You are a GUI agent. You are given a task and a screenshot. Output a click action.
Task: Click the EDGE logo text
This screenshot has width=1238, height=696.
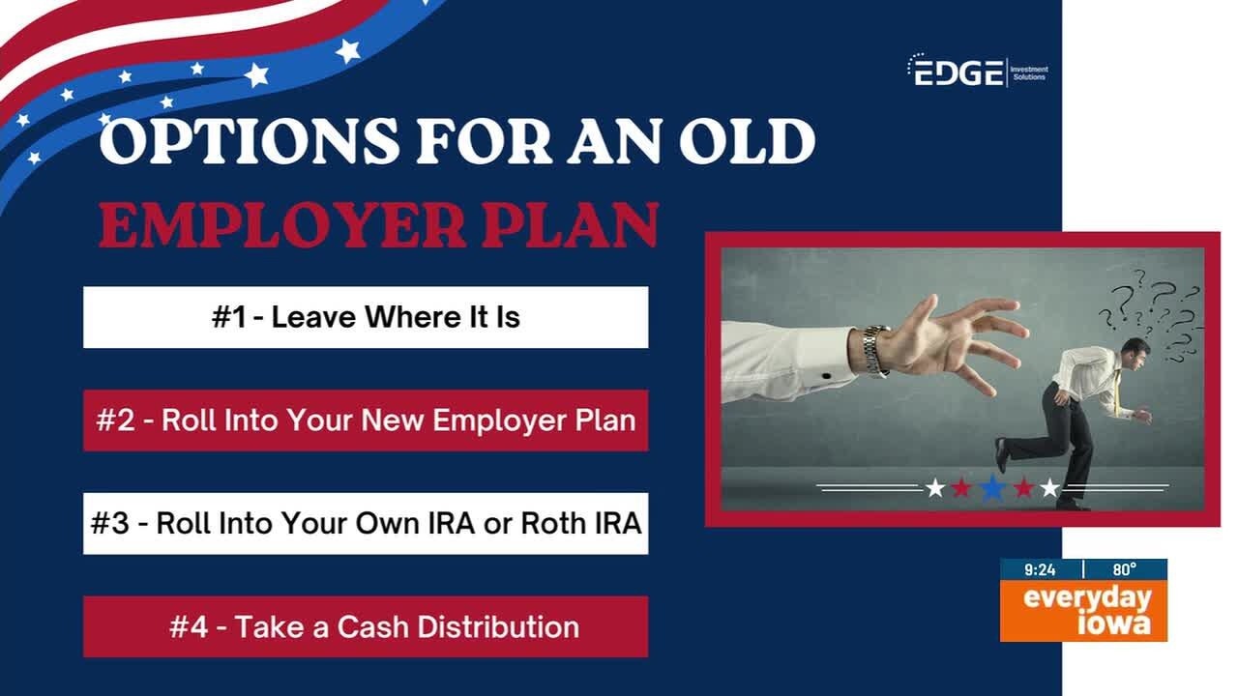[958, 72]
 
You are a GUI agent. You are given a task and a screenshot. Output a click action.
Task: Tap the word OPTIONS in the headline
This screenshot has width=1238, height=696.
[250, 140]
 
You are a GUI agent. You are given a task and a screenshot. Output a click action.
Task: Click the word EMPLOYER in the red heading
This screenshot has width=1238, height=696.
[281, 225]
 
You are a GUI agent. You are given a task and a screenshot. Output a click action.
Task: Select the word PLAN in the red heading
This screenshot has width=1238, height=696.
[571, 225]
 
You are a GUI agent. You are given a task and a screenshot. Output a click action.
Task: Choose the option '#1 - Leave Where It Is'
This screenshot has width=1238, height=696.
[366, 317]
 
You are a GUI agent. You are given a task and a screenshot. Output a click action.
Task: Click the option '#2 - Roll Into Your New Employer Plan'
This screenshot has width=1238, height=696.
[366, 420]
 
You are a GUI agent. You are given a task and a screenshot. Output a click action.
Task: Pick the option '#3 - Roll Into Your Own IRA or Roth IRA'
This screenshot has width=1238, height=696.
[366, 524]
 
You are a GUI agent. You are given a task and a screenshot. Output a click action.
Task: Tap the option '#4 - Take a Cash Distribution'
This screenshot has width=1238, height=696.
[366, 627]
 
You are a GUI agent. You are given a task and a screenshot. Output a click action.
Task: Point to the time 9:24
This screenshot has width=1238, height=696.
[1040, 569]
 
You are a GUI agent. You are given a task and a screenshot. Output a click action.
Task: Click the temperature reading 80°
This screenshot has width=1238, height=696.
[1125, 569]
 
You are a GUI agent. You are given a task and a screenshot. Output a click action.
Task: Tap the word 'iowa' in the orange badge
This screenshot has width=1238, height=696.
[1113, 623]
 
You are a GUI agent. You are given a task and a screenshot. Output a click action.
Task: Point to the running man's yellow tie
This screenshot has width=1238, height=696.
[1116, 391]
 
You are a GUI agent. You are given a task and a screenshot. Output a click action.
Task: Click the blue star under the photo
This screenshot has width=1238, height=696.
[992, 488]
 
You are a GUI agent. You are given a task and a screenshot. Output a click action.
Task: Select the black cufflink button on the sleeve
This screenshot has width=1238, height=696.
[826, 376]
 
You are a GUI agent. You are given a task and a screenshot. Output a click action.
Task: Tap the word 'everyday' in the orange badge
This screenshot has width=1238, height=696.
[1087, 598]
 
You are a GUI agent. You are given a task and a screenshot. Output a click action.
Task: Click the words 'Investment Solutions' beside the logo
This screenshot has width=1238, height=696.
[1029, 72]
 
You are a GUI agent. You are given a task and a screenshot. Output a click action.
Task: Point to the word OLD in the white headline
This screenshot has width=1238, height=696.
[748, 140]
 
